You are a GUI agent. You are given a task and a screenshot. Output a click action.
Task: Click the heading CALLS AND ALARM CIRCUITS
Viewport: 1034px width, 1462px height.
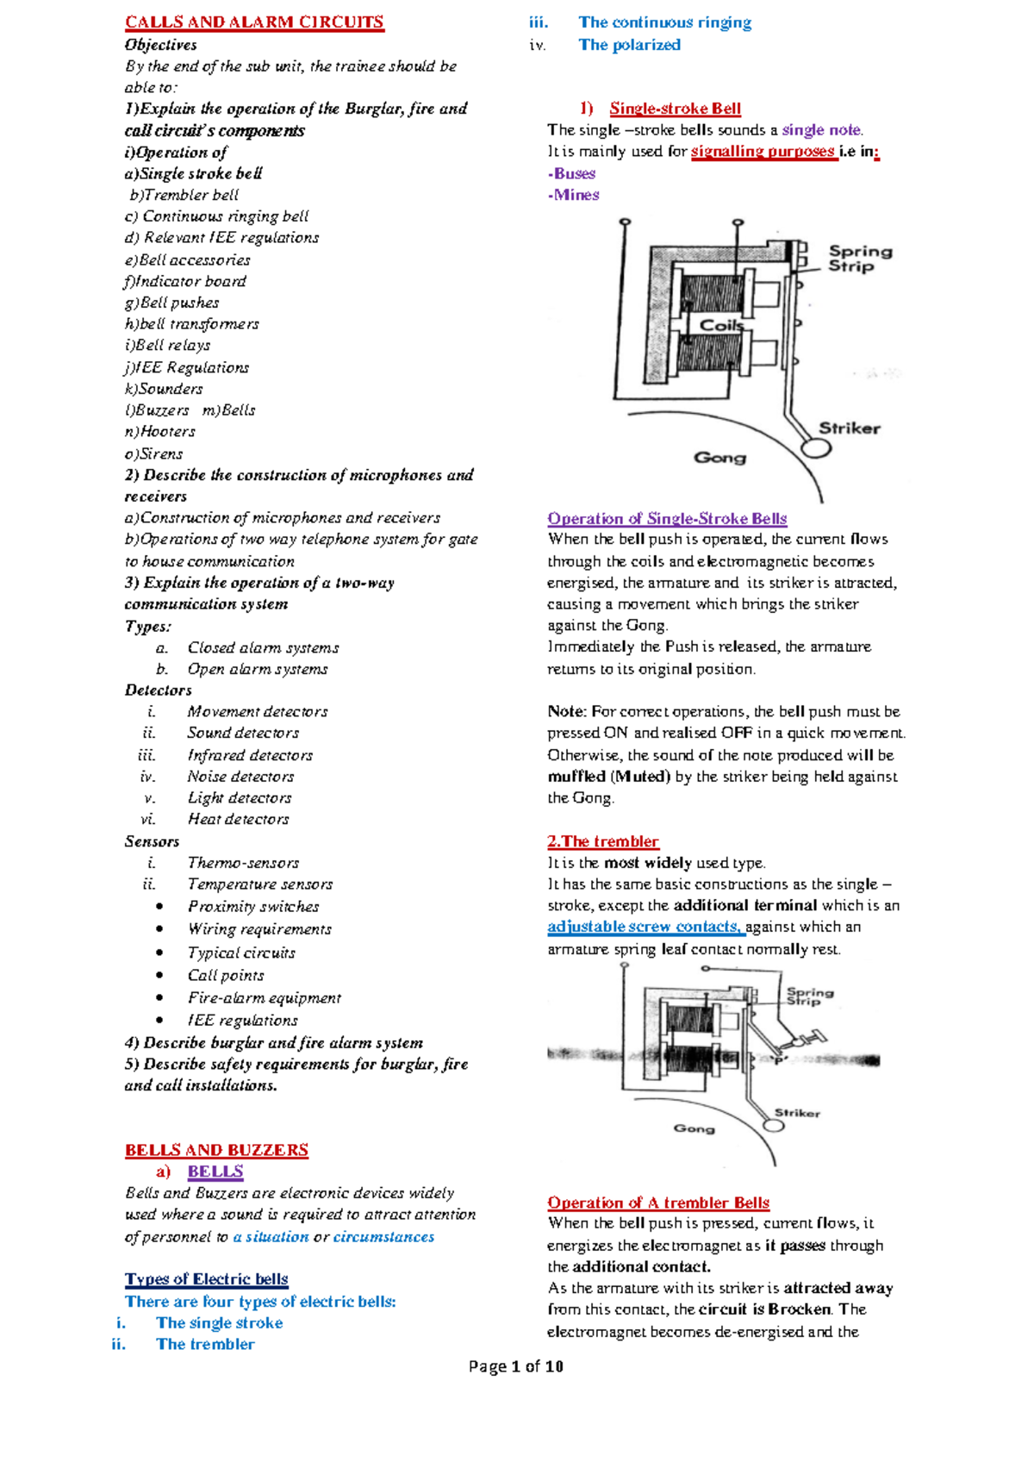click(x=254, y=22)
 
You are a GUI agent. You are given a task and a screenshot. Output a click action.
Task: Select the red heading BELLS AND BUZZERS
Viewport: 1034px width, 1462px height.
click(x=216, y=1150)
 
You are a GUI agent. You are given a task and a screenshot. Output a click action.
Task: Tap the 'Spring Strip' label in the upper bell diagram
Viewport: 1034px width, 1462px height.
click(x=859, y=259)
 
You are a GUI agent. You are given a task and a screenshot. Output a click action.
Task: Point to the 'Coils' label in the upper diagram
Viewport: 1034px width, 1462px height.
click(x=721, y=325)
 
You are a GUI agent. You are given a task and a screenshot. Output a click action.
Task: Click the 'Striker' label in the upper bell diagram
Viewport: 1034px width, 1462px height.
click(x=849, y=428)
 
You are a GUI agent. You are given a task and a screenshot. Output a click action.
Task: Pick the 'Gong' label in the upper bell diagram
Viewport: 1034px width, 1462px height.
click(x=719, y=458)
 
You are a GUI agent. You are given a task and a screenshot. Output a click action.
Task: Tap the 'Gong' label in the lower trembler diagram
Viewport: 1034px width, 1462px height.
click(x=694, y=1128)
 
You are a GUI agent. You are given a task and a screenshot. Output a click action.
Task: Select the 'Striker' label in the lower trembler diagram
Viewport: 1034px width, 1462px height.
click(x=797, y=1113)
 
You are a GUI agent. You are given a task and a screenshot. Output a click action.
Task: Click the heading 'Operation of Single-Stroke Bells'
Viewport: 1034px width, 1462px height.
click(x=667, y=519)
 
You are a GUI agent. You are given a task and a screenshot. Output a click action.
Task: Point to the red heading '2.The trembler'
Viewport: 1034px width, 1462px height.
click(x=602, y=841)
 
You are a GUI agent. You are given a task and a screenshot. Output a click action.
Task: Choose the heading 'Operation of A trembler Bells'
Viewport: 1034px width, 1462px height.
click(x=658, y=1203)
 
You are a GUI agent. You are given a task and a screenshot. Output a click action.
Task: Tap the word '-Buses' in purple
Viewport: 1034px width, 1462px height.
click(x=572, y=173)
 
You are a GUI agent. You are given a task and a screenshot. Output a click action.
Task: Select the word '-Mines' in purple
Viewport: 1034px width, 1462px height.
click(x=574, y=195)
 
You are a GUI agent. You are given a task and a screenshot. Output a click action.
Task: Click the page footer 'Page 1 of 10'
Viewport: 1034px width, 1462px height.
click(x=515, y=1366)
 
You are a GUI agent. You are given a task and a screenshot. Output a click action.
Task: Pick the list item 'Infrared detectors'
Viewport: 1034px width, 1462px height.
click(x=250, y=755)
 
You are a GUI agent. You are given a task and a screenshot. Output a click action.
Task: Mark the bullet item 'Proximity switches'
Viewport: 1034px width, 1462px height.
click(x=253, y=907)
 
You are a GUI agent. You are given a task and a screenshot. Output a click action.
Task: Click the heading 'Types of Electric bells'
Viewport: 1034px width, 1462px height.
click(x=206, y=1279)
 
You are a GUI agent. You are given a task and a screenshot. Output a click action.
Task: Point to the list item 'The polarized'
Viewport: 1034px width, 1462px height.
click(x=629, y=45)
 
